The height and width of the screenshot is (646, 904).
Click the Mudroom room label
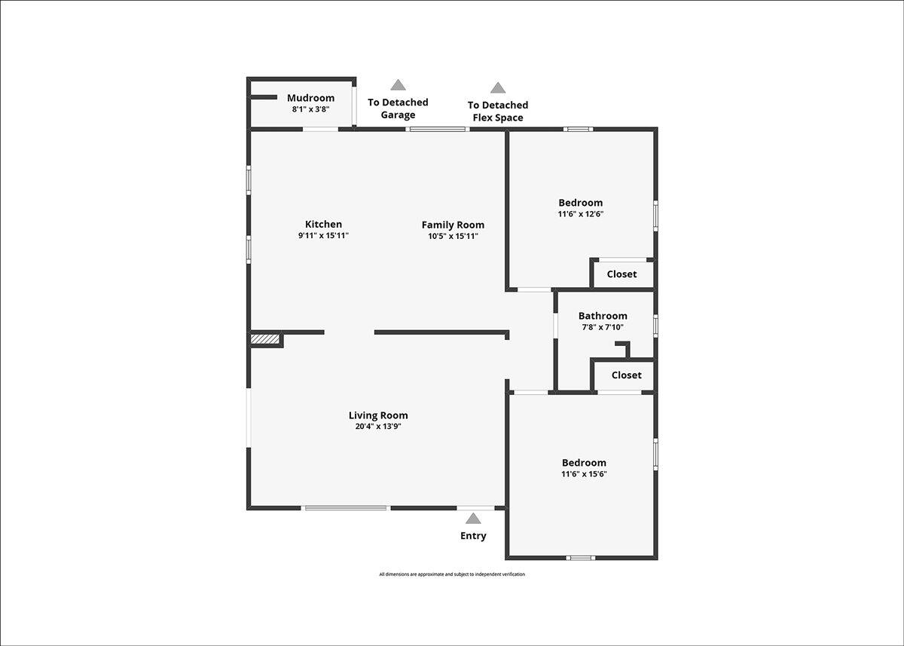coord(310,98)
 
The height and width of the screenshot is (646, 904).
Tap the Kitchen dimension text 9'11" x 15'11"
coord(323,235)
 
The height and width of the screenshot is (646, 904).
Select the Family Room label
coord(453,225)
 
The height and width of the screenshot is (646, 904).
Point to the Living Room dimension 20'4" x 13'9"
coord(378,426)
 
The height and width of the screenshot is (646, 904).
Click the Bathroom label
coord(603,316)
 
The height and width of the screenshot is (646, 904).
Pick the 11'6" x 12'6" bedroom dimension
coord(581,213)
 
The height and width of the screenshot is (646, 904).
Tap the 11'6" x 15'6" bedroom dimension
coord(584,473)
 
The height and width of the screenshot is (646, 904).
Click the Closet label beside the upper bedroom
coord(622,274)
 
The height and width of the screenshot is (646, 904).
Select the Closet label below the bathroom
coord(626,375)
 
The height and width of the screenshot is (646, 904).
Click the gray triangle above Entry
coord(473,519)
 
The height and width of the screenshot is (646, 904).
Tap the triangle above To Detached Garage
coord(398,84)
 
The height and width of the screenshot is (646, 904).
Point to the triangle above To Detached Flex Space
coord(498,87)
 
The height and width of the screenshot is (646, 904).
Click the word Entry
coord(473,536)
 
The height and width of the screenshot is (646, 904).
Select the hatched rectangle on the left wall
coord(265,338)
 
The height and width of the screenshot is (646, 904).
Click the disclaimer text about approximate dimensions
coord(452,574)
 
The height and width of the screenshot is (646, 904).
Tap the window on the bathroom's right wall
coord(656,326)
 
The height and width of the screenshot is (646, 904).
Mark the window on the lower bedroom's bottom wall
coord(580,558)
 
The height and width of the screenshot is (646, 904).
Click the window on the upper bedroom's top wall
coord(579,129)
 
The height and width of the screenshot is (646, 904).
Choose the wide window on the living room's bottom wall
coord(346,508)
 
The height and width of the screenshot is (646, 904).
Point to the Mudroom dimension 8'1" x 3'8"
coord(310,109)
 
